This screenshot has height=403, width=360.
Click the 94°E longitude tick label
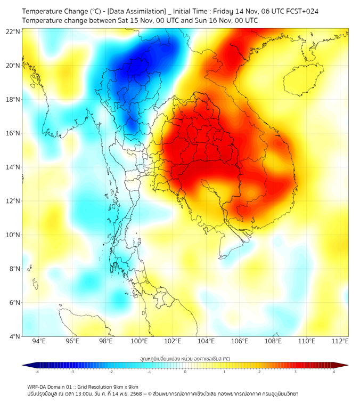click(39, 341)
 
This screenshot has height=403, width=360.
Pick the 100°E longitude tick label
click(139, 341)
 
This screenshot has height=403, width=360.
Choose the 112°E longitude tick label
click(340, 341)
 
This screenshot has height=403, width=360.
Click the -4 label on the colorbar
click(37, 372)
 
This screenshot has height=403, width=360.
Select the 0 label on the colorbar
click(185, 372)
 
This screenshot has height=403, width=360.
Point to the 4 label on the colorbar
click(334, 372)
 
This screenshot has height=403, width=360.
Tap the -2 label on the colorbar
click(111, 372)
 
